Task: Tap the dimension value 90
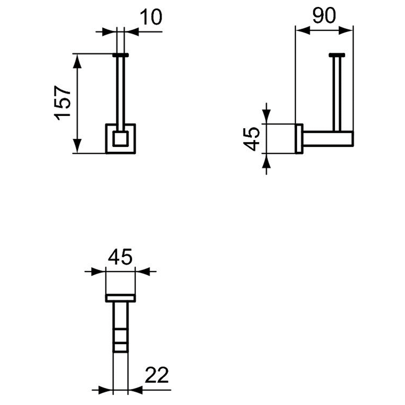tap(324, 16)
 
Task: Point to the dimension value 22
tap(157, 375)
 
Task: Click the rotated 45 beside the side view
tap(252, 138)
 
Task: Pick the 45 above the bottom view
tap(120, 257)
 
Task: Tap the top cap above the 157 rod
tap(121, 55)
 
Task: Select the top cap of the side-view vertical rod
tap(337, 55)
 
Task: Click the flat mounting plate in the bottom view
tap(120, 298)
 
